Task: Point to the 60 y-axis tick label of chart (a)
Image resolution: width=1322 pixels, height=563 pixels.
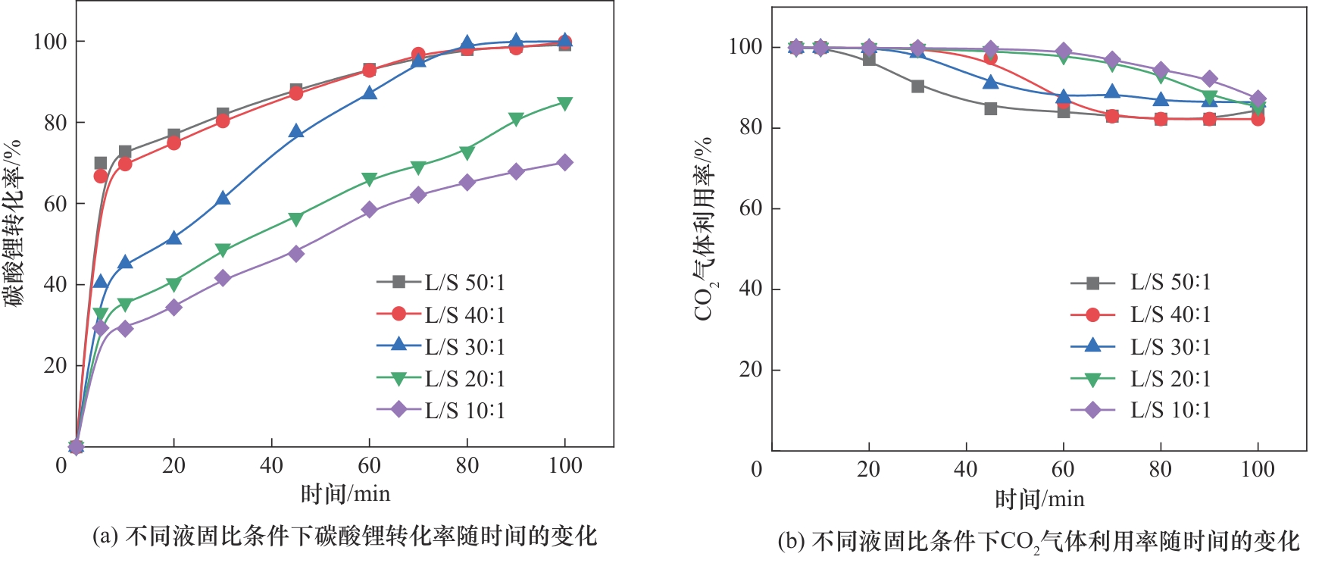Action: [55, 203]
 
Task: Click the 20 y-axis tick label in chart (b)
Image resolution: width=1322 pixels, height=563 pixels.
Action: [751, 370]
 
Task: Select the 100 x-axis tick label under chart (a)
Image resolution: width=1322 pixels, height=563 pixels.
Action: [564, 465]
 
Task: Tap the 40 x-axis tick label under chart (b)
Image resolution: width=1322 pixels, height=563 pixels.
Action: [966, 470]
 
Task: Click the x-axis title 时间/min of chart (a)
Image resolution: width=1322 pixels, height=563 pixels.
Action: [345, 494]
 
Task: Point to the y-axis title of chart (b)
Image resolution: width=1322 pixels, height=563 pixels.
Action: [704, 229]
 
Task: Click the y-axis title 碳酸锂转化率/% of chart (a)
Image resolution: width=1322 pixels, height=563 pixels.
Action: [13, 224]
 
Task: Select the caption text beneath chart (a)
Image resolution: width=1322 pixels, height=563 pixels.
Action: [345, 536]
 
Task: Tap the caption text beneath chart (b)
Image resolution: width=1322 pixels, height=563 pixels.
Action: [1039, 541]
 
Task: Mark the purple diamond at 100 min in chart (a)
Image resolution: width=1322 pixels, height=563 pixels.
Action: [564, 162]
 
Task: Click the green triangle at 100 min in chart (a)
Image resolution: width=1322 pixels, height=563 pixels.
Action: [564, 103]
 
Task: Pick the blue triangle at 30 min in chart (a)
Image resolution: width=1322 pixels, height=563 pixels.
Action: [223, 198]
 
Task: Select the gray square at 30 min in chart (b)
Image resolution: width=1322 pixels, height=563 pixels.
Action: [917, 86]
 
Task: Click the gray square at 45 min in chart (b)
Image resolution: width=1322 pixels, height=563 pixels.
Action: [990, 108]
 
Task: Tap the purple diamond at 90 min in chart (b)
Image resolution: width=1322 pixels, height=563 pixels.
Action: [1209, 79]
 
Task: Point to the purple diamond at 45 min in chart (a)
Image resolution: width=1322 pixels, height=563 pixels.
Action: [296, 253]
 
